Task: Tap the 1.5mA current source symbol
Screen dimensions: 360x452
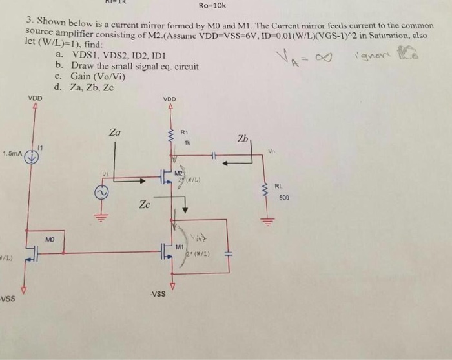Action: tap(30, 155)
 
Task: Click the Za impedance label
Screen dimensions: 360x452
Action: tap(115, 132)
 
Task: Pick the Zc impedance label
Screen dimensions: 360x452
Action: tap(145, 205)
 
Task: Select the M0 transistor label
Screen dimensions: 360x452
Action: tap(50, 239)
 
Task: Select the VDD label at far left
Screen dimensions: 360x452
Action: tap(34, 98)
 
